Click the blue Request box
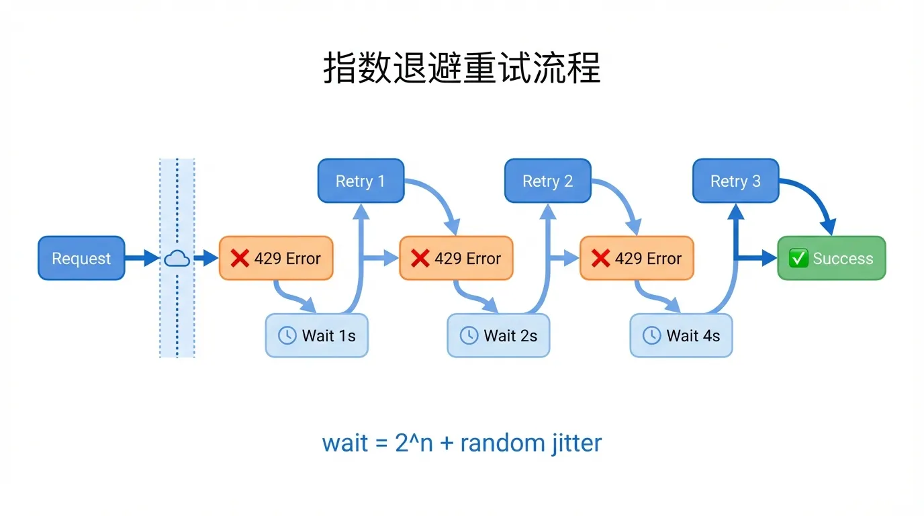[x=81, y=258]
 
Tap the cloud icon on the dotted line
[x=177, y=258]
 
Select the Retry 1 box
[x=361, y=181]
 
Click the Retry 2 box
[x=547, y=181]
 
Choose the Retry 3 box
[x=735, y=181]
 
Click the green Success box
[x=831, y=258]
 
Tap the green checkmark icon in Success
[x=798, y=258]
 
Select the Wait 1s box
[x=317, y=335]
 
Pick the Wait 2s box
[x=498, y=335]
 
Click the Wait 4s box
[x=681, y=335]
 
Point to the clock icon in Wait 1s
[x=287, y=335]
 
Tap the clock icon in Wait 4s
[x=651, y=335]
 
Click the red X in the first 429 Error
[x=240, y=258]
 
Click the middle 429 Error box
[x=456, y=258]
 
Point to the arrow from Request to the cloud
[x=142, y=258]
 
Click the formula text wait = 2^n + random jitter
[x=462, y=443]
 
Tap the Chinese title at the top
[x=462, y=69]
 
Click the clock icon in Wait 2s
[x=469, y=335]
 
